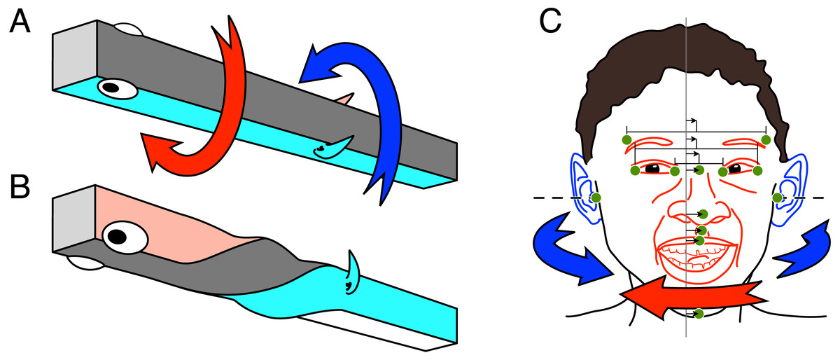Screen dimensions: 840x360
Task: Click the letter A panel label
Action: point(20,22)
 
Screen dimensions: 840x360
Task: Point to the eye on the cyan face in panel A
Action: point(118,88)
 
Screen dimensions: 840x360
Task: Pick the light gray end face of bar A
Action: point(75,55)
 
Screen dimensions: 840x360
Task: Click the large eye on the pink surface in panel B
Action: point(125,237)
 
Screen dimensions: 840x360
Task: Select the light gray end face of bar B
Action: point(73,219)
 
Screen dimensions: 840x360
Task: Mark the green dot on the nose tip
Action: point(703,214)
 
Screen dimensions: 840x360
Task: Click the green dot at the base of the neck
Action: point(699,314)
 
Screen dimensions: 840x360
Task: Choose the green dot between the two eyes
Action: point(699,170)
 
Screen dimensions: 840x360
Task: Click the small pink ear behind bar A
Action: point(345,99)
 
